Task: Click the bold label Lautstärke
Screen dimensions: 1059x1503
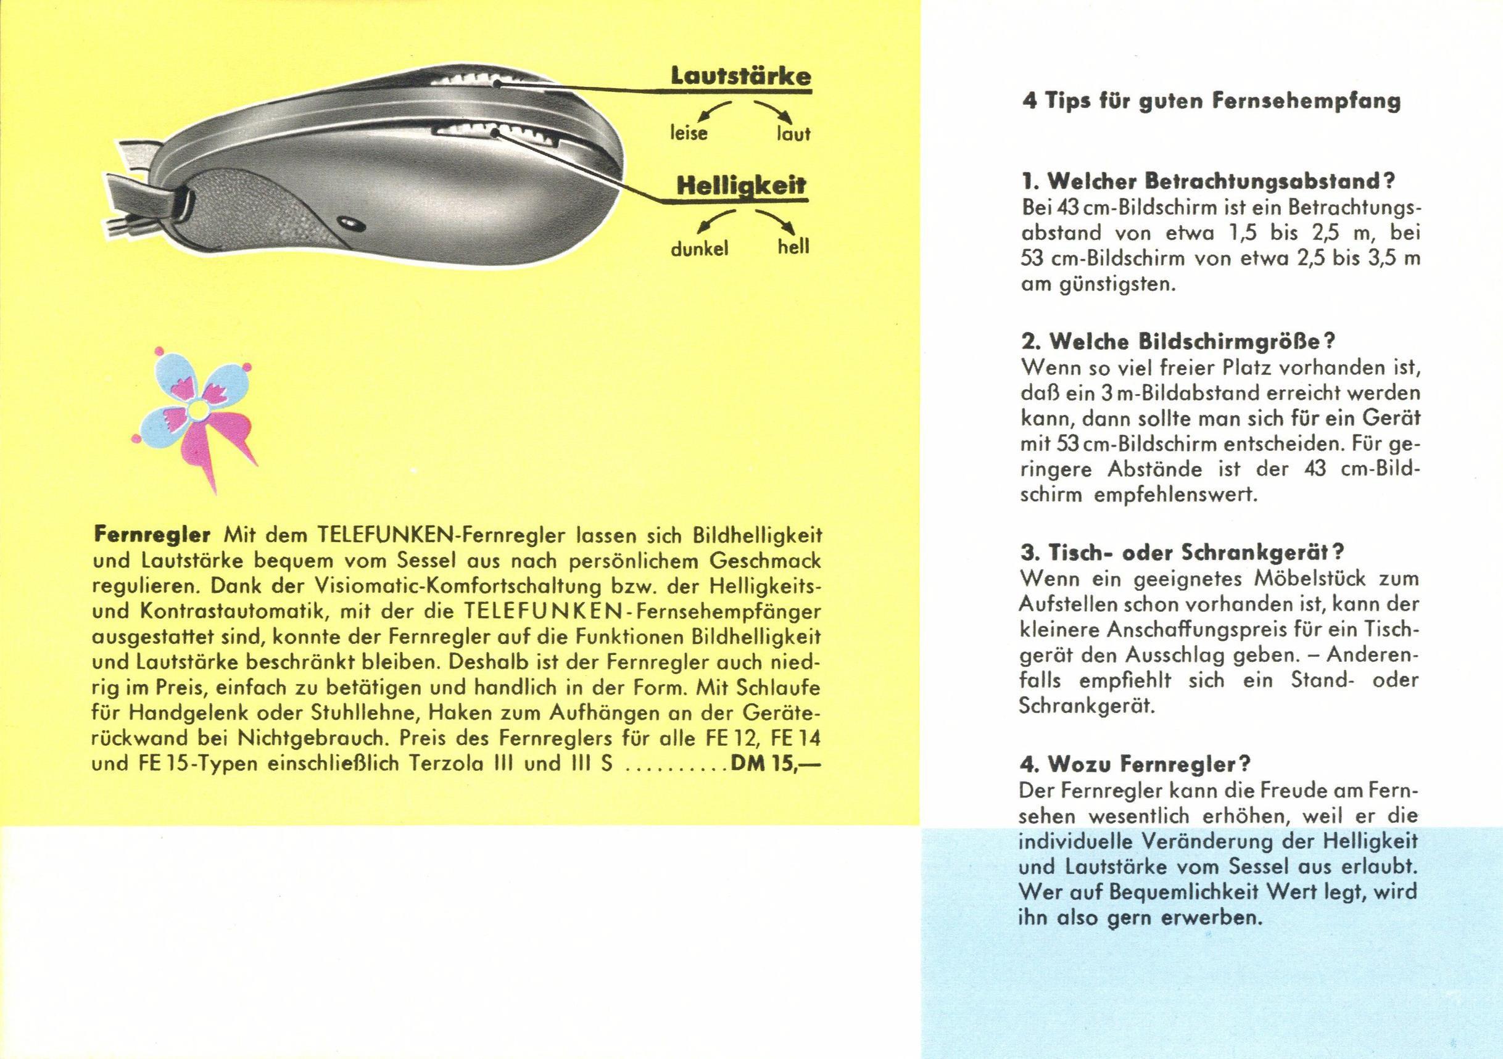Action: click(741, 76)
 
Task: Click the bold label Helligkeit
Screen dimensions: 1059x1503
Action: click(741, 186)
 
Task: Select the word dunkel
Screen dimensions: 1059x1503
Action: click(700, 249)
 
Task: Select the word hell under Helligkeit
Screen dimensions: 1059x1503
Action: click(793, 247)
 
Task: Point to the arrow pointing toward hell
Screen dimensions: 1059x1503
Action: click(779, 223)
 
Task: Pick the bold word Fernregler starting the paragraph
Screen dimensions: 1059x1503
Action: click(152, 534)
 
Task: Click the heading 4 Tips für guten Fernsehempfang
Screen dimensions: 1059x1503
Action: click(1211, 102)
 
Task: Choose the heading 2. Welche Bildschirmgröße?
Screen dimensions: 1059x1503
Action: click(1169, 342)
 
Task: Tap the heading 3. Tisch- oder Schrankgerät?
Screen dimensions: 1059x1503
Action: click(1182, 552)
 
